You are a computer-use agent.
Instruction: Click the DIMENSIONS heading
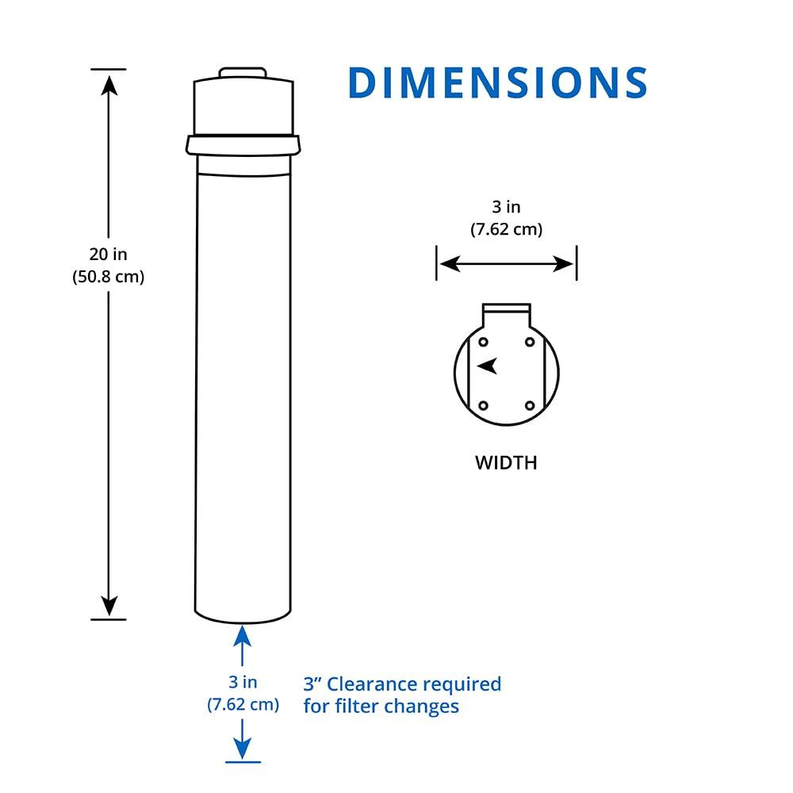498,83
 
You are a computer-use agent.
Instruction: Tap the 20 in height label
108,255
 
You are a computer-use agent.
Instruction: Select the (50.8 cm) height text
108,278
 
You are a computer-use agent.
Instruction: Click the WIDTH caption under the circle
506,462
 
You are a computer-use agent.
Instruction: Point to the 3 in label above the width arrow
506,207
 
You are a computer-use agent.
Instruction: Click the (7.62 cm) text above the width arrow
506,230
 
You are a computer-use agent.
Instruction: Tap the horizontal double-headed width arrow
506,263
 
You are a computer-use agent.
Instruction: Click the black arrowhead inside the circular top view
488,366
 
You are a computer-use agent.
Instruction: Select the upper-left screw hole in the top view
482,342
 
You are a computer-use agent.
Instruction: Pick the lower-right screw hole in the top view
530,406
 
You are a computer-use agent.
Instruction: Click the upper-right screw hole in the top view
530,342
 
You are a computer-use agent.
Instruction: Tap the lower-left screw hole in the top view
482,406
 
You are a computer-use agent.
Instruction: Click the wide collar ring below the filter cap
243,144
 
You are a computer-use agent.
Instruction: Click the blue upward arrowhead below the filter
243,635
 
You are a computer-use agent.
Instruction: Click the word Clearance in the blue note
373,684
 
